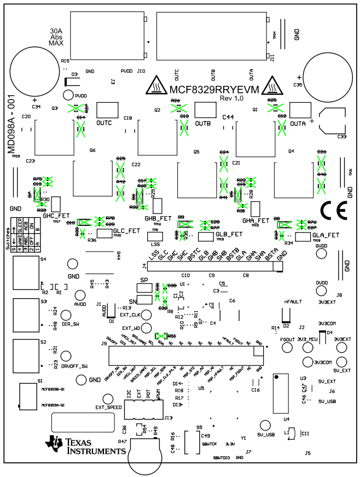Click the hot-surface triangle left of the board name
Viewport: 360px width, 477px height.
[158, 85]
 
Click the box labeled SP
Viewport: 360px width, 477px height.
[144, 289]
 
